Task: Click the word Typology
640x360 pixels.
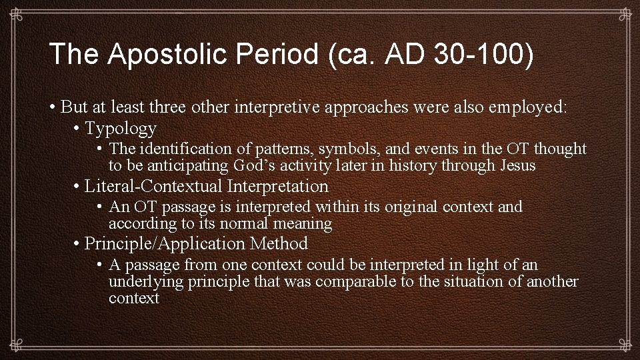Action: coord(121,128)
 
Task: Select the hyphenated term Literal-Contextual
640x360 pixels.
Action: coord(154,186)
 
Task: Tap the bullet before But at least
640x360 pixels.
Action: coord(52,107)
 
